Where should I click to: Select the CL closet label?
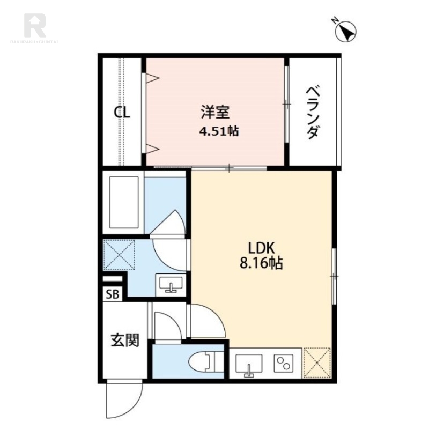122,112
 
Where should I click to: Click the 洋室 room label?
216,112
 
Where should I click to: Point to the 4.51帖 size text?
219,131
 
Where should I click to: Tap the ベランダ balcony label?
312,113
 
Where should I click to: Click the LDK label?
261,248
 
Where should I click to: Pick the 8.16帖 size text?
261,263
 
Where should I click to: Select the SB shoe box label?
113,294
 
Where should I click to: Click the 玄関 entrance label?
125,341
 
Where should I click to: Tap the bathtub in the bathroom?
124,202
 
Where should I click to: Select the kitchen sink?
249,365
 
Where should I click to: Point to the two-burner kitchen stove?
284,364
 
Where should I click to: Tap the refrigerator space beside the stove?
317,363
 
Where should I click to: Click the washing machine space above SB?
119,255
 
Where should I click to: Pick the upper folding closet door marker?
152,78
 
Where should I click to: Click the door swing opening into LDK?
208,321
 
